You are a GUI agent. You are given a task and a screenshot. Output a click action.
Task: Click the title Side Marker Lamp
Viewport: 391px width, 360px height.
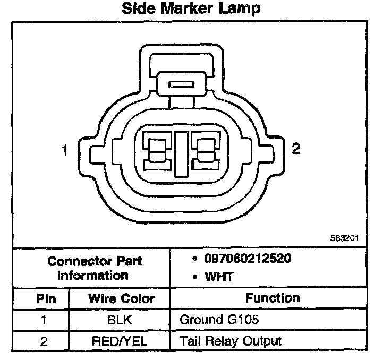point(191,8)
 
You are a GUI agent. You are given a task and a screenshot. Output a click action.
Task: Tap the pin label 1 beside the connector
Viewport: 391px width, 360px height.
point(65,151)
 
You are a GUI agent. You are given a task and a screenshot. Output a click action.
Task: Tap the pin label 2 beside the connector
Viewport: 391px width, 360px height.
point(296,149)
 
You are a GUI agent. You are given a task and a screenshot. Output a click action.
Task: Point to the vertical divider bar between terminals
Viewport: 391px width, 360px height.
point(181,153)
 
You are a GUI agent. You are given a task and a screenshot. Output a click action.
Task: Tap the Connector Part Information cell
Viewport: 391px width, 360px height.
point(95,268)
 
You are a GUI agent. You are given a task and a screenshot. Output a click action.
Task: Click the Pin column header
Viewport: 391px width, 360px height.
point(46,298)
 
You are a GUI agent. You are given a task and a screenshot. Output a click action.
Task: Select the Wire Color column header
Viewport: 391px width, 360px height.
point(121,298)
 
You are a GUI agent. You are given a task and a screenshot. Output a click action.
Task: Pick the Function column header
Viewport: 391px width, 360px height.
point(273,298)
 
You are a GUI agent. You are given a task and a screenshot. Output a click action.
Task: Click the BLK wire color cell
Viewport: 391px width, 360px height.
point(121,320)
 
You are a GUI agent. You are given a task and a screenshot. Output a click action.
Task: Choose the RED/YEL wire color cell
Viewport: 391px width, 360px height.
point(121,340)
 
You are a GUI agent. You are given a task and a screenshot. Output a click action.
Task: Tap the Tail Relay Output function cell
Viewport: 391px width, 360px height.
point(230,340)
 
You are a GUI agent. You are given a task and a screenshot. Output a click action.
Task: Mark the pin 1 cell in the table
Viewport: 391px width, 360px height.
point(45,320)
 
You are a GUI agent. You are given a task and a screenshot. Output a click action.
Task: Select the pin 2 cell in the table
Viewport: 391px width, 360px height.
point(45,340)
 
